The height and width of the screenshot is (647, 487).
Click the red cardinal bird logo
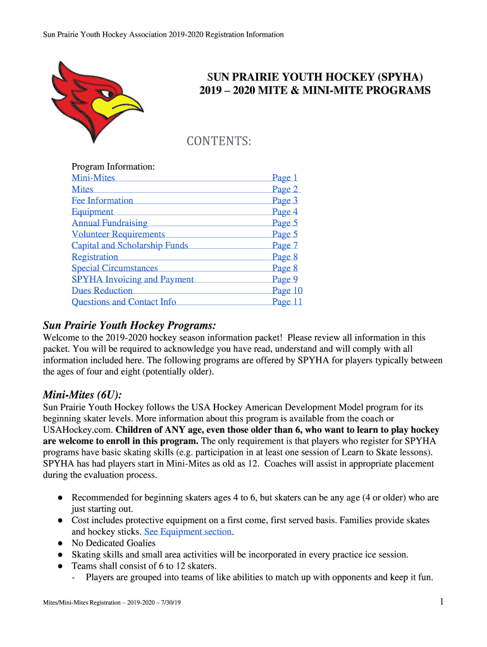(95, 101)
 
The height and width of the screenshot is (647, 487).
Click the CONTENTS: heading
(218, 142)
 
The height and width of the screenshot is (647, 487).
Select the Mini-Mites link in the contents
(93, 178)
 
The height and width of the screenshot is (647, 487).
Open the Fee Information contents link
(102, 201)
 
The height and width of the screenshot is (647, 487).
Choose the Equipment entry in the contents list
(92, 212)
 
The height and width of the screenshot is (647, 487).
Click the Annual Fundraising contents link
(109, 223)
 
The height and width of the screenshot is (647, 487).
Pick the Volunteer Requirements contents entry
(118, 234)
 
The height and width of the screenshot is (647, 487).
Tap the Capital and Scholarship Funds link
(130, 246)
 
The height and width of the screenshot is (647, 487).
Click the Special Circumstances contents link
(114, 269)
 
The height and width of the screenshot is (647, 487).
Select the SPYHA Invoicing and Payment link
(133, 280)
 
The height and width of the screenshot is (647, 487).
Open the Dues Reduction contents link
(102, 291)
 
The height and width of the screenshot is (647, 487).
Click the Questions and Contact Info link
(124, 302)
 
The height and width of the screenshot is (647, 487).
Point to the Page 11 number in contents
(287, 302)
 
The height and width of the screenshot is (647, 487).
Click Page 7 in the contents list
(285, 246)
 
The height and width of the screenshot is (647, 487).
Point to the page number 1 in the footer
(442, 603)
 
